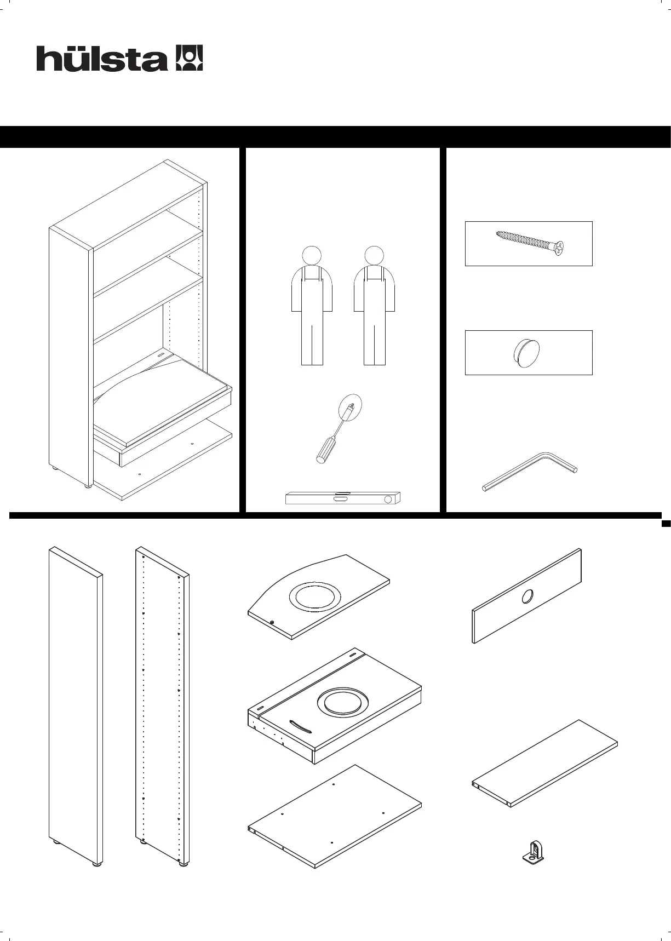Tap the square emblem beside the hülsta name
click(188, 58)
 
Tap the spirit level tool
click(343, 498)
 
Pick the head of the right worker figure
click(374, 255)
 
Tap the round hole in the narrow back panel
click(527, 596)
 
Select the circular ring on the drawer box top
click(342, 703)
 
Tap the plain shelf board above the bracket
click(545, 762)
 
